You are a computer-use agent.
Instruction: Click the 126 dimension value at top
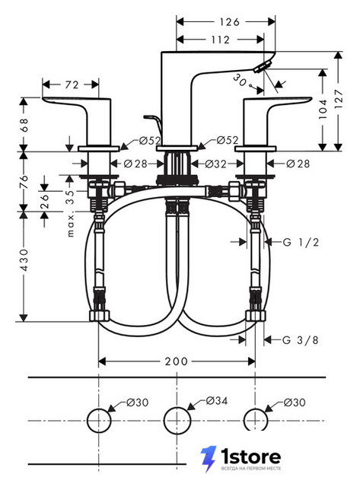pyautogui.click(x=230, y=22)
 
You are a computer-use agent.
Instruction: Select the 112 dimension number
pyautogui.click(x=220, y=40)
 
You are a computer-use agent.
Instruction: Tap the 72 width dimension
pyautogui.click(x=72, y=84)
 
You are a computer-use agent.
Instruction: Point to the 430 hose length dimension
pyautogui.click(x=24, y=259)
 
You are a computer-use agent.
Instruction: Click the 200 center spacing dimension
pyautogui.click(x=177, y=361)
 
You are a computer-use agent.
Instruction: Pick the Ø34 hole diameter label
pyautogui.click(x=217, y=400)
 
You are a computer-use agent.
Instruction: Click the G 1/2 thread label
pyautogui.click(x=301, y=242)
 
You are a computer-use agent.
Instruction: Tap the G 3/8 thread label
pyautogui.click(x=301, y=340)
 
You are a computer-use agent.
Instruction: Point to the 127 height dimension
pyautogui.click(x=339, y=99)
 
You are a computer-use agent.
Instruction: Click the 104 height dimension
pyautogui.click(x=323, y=109)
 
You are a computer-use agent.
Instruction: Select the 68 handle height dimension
pyautogui.click(x=24, y=125)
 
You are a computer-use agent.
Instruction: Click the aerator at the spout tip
pyautogui.click(x=263, y=67)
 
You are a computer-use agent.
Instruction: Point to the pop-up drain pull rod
pyautogui.click(x=152, y=122)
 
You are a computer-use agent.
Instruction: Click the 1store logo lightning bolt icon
pyautogui.click(x=208, y=459)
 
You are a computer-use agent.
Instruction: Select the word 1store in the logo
pyautogui.click(x=251, y=457)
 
